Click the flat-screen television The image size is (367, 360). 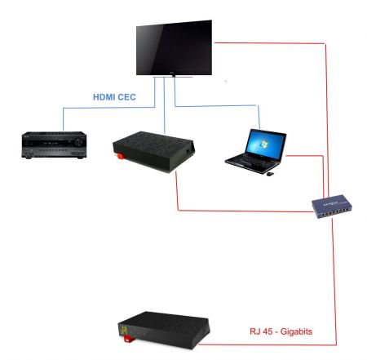174,48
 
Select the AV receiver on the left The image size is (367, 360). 54,145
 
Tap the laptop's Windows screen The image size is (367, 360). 265,144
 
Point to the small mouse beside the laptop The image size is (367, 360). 270,174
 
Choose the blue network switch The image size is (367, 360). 332,207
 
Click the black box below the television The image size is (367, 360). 154,152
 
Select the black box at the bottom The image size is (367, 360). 164,331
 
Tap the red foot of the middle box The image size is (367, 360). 121,156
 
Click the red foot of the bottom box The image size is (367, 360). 127,339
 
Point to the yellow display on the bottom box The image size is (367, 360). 124,331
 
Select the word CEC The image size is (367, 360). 126,97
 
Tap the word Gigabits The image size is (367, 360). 296,331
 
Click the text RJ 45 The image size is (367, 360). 261,331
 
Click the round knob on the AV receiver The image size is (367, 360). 79,142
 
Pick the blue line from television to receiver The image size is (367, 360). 108,108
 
